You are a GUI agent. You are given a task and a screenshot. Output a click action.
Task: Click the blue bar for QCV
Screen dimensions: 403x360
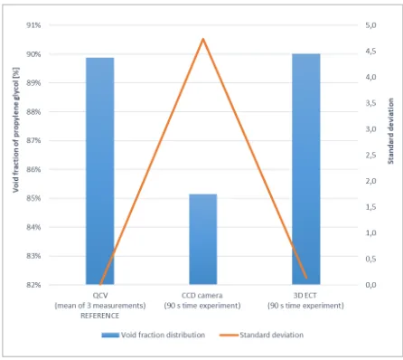[100, 171]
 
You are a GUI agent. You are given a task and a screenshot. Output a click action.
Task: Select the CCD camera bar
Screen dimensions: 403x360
[203, 240]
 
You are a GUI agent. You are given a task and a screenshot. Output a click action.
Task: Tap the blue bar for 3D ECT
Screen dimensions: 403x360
[306, 169]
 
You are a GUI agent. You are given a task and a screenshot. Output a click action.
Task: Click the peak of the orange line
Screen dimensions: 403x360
[203, 39]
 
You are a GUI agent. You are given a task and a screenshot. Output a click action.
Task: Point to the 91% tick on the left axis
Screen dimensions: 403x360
[33, 25]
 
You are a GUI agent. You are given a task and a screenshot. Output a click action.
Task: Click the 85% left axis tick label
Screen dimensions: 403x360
[33, 198]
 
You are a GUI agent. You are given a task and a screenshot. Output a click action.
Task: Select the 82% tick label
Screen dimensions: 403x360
[33, 285]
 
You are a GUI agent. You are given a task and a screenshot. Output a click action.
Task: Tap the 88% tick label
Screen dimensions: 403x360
[33, 112]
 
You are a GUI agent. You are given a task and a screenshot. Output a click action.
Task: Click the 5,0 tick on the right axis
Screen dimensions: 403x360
[371, 25]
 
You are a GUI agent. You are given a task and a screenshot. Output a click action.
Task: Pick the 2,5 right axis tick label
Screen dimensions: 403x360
[371, 155]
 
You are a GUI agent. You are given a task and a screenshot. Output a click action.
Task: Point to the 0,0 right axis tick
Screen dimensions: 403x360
[371, 285]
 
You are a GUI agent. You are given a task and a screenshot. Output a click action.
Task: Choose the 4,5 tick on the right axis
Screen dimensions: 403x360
[371, 52]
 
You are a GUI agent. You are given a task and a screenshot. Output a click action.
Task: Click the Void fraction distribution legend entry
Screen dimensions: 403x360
[154, 335]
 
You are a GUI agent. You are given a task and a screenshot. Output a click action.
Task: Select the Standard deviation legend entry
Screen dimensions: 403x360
[262, 335]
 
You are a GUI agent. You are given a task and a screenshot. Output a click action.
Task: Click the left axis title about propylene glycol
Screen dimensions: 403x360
[16, 130]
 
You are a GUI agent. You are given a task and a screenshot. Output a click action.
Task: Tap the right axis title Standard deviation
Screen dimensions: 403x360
[390, 131]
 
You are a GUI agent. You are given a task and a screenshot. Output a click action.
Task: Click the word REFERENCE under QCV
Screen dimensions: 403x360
[100, 316]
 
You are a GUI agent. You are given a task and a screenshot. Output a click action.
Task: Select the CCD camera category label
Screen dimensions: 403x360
[202, 300]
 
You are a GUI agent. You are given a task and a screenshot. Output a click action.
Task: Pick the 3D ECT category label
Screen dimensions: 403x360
[305, 300]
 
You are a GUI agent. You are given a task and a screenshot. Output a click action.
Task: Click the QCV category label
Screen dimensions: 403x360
[100, 306]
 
